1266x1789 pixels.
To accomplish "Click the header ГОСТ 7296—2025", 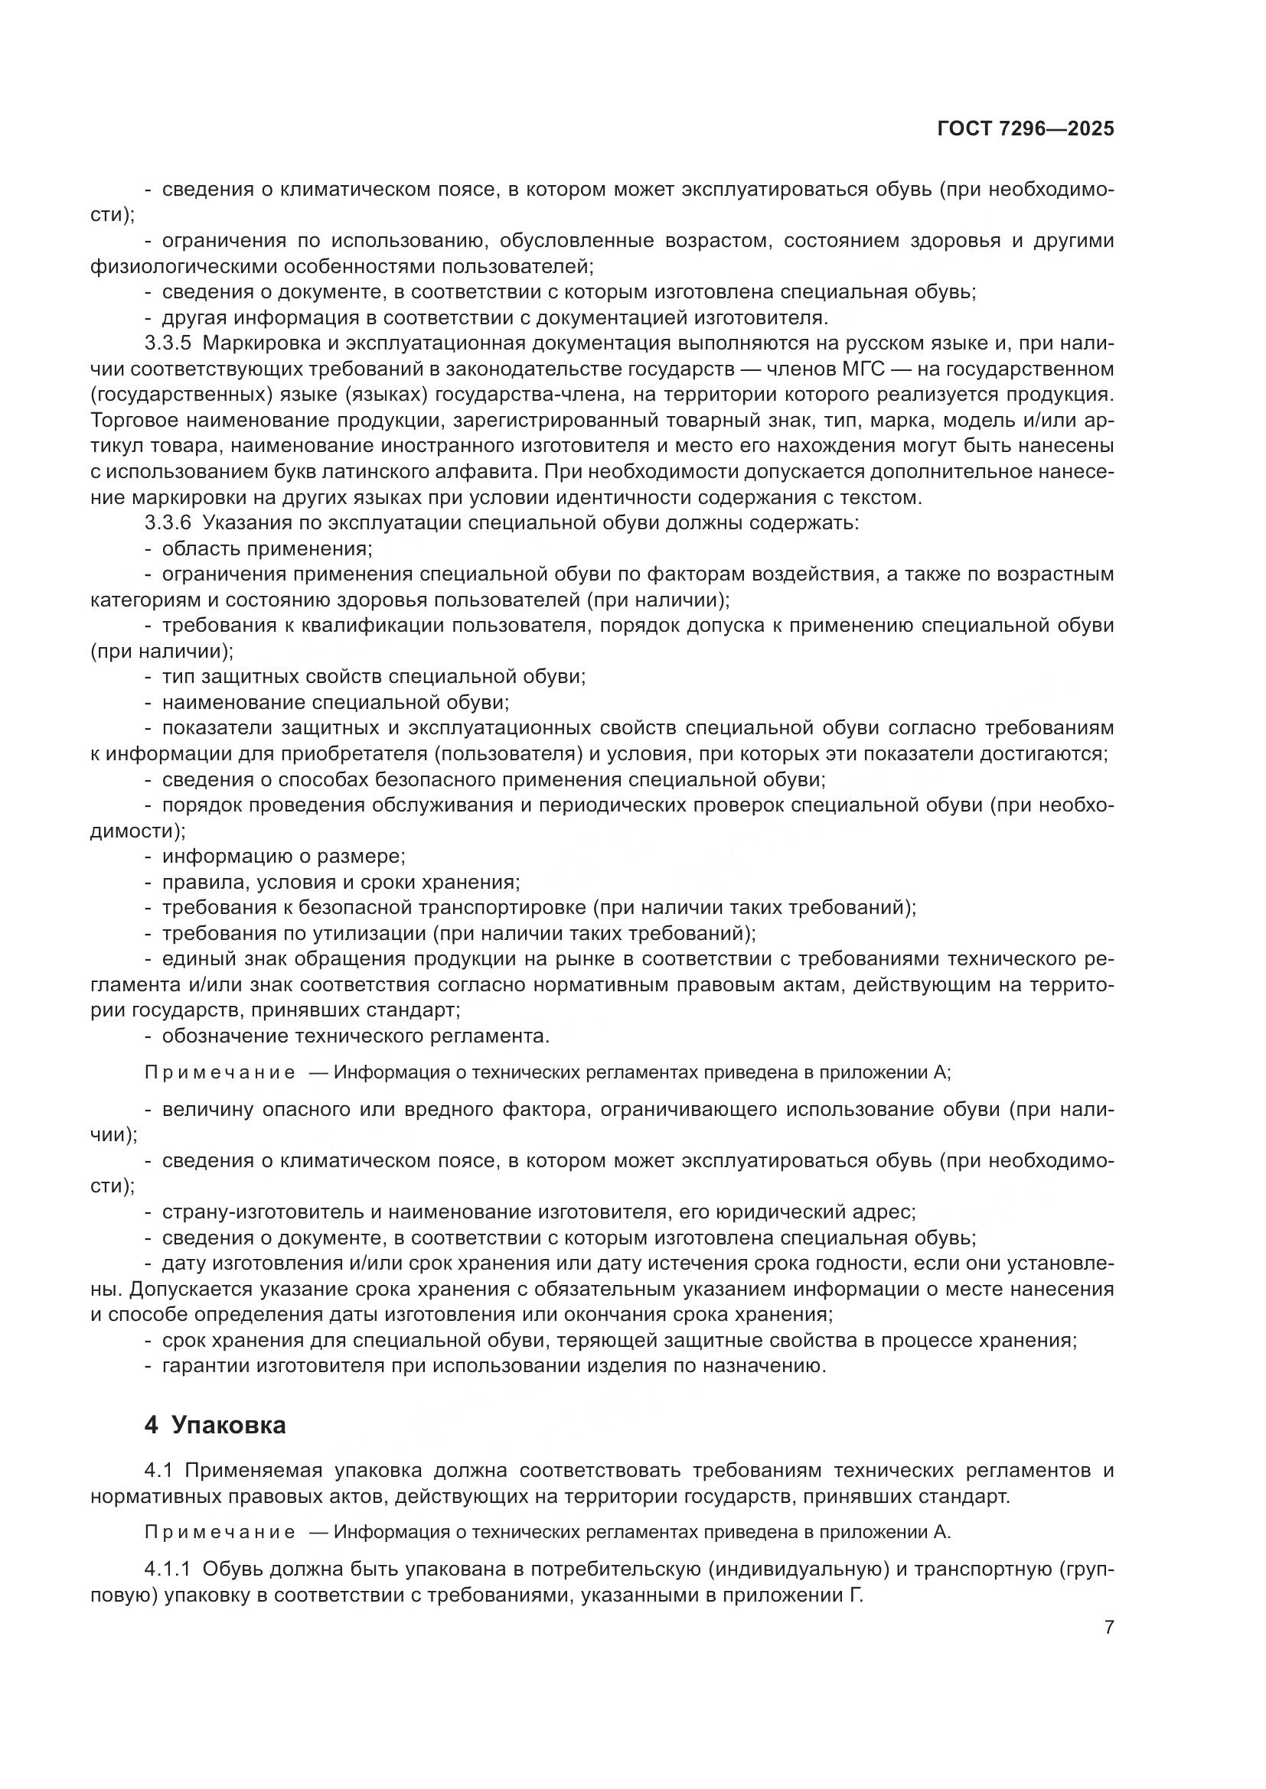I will pos(1025,129).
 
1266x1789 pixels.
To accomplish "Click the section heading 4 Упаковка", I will pos(215,1425).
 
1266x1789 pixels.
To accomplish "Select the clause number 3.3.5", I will pos(168,343).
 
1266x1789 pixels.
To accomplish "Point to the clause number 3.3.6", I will pos(168,523).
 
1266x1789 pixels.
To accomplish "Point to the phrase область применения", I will pos(266,548).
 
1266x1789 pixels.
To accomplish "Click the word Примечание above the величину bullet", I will pos(220,1073).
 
